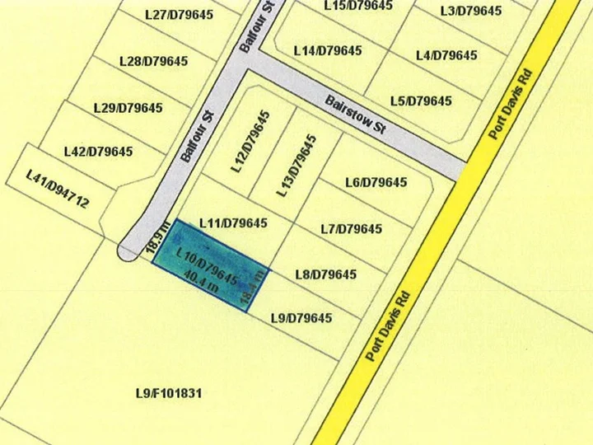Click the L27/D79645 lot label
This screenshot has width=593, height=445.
pos(179,15)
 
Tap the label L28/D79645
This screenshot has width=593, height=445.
pos(153,61)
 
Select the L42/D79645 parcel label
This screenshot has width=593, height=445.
pos(98,152)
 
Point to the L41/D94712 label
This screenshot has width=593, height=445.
pos(57,189)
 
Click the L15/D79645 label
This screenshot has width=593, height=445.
pos(357,6)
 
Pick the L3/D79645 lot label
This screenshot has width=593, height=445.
pos(470,11)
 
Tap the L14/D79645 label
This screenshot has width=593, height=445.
pos(328,51)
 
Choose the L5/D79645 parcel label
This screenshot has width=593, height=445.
pos(421,101)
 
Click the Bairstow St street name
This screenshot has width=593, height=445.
pos(355,115)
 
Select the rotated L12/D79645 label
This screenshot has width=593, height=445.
pos(250,141)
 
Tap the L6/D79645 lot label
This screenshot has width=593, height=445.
pos(376,182)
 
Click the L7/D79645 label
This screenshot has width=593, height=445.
pos(351,228)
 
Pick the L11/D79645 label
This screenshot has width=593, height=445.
pos(233,223)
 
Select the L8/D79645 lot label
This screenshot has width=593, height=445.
pos(325,274)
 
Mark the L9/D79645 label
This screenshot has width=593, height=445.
pos(301,318)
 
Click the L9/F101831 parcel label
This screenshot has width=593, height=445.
pos(168,393)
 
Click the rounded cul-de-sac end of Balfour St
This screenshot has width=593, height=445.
pos(128,251)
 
